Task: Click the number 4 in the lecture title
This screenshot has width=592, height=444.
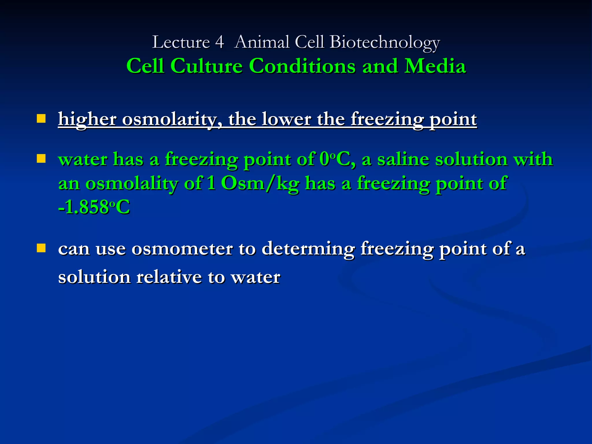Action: pos(219,42)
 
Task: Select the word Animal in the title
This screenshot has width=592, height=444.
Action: pos(262,42)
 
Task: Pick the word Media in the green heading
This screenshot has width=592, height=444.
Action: pos(435,66)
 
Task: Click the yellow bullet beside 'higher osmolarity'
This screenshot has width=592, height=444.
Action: pos(41,119)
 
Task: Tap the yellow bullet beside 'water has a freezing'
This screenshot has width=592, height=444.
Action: pos(41,159)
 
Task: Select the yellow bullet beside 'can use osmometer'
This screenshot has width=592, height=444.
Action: pos(41,248)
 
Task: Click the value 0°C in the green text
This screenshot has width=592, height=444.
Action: pos(335,159)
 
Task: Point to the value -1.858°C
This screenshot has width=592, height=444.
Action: pos(94,207)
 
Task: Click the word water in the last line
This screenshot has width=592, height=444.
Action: pos(255,277)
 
